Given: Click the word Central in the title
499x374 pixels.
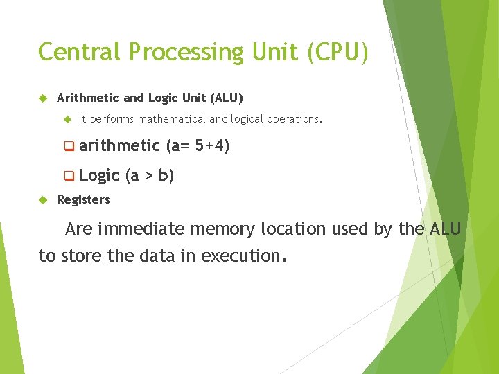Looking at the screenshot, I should [78, 52].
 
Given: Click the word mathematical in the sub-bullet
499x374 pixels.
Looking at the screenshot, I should [172, 119].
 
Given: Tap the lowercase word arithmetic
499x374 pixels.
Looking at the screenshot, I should [119, 145].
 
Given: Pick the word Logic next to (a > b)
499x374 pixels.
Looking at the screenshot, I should [99, 175].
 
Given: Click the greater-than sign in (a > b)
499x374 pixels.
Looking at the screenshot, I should [148, 176].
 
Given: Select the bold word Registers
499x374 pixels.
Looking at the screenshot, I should [83, 199].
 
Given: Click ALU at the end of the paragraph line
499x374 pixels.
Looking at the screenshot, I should [445, 229].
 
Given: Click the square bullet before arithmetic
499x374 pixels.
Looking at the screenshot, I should [69, 146].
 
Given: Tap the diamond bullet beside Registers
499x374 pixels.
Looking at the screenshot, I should [42, 199].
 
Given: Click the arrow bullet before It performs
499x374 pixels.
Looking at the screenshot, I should [67, 119].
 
